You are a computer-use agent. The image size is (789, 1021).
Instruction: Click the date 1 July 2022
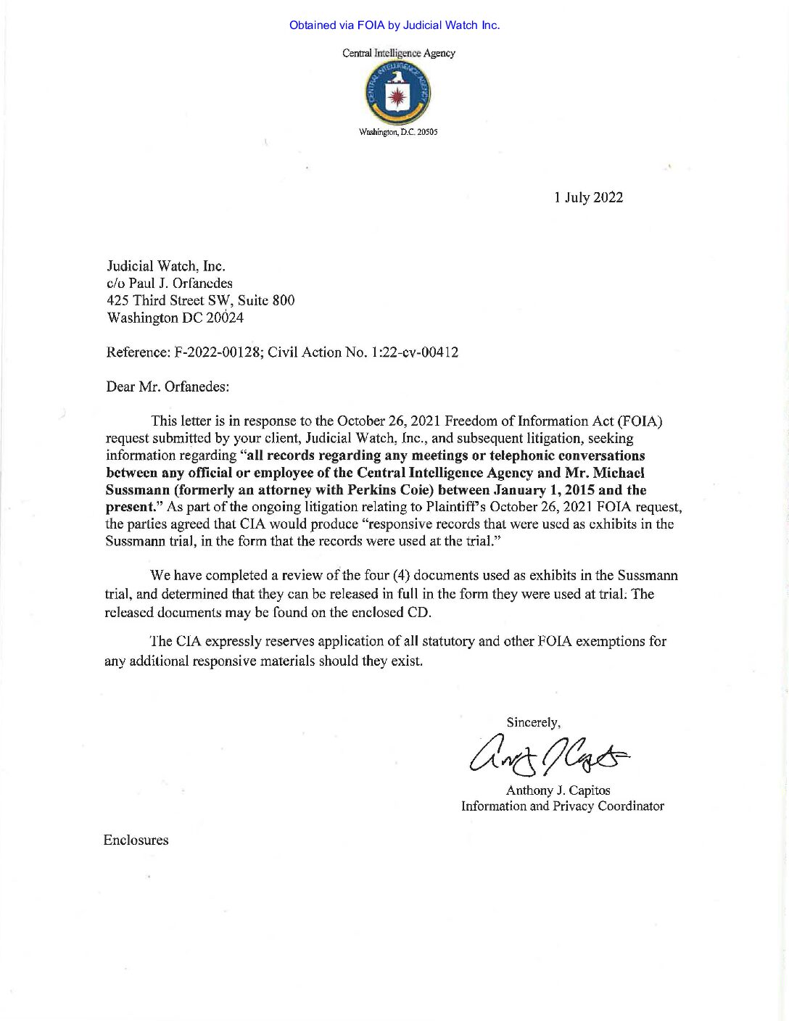click(588, 197)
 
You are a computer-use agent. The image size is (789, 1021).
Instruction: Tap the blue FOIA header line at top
click(394, 25)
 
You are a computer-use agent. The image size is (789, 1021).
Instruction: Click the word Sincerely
click(533, 722)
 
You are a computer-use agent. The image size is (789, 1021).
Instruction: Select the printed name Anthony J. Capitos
click(563, 790)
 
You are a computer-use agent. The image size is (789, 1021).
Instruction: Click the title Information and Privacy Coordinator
click(563, 806)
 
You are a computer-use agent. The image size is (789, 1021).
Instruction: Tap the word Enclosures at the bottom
click(136, 840)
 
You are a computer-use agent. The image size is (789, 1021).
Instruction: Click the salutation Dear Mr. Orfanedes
click(168, 387)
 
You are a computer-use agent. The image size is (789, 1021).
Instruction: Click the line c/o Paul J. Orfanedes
click(170, 283)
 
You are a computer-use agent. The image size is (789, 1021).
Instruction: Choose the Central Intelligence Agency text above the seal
click(397, 53)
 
